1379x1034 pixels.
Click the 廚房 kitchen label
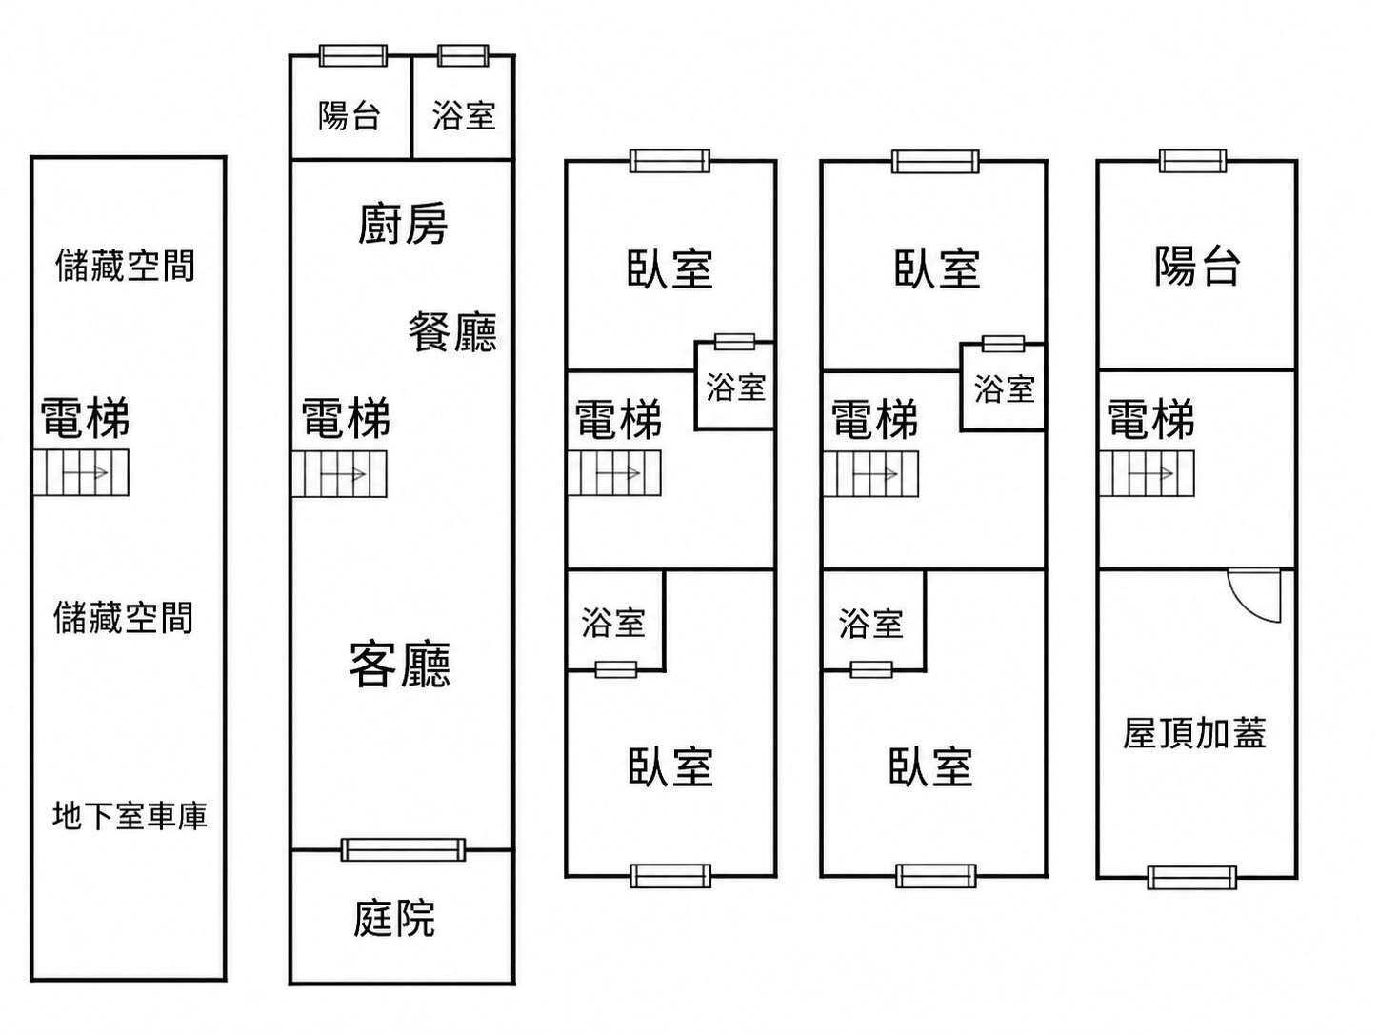coord(403,224)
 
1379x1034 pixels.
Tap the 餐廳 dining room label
coord(452,331)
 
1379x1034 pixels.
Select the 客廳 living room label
coord(400,665)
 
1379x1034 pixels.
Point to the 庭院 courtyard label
coord(394,919)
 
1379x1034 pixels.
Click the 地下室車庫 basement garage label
coord(130,816)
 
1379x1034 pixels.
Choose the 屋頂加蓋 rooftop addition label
coord(1193,733)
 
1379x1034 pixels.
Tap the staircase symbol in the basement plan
coord(81,473)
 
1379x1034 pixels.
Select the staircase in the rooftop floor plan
coord(1147,473)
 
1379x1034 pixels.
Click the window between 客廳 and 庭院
coord(404,849)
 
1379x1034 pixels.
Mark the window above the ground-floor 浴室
coord(463,55)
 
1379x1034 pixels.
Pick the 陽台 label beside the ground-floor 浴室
coord(350,115)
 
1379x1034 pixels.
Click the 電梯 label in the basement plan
coord(85,417)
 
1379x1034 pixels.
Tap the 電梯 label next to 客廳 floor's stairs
coord(346,417)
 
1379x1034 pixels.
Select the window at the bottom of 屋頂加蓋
coord(1191,877)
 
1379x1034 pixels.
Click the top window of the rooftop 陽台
coord(1192,161)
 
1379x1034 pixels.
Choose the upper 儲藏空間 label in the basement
coord(125,265)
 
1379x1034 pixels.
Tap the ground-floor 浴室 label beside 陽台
coord(464,115)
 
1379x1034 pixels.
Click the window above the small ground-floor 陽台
coord(352,55)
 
